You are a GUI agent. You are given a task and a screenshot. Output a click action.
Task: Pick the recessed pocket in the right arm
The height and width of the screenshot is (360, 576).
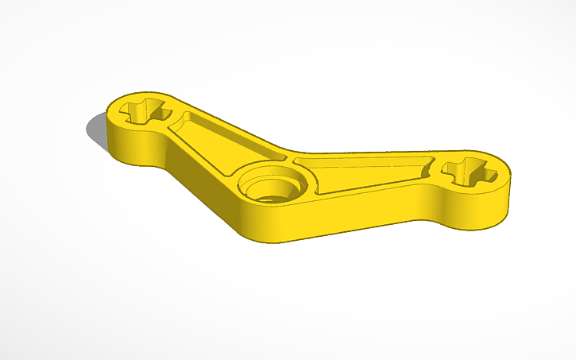tap(365, 173)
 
